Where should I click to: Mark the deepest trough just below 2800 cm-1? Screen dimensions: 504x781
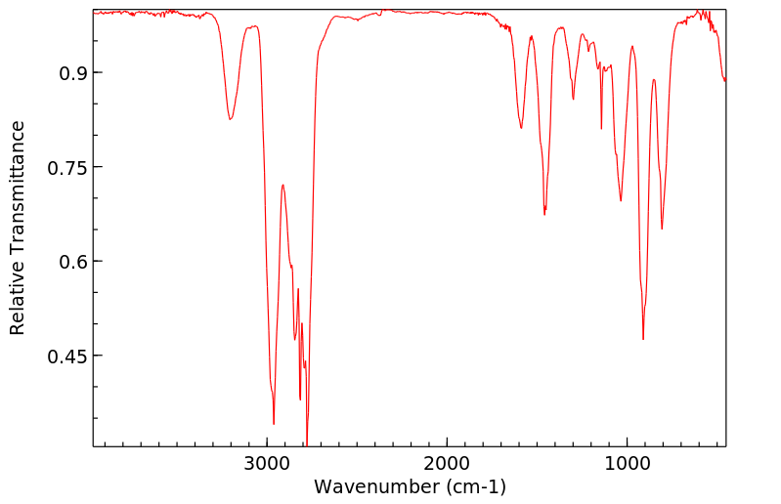(x=307, y=444)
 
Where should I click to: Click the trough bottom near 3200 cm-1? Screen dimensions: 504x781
(x=230, y=119)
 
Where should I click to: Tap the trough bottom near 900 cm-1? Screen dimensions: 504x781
(x=643, y=339)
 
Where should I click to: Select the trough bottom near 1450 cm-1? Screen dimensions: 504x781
(x=544, y=214)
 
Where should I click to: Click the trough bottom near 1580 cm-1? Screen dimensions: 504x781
(x=521, y=128)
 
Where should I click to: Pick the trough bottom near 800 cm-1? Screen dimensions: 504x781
(x=662, y=229)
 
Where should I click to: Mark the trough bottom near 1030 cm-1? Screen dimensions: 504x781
(x=621, y=201)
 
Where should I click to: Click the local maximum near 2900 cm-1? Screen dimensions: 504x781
(x=282, y=185)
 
